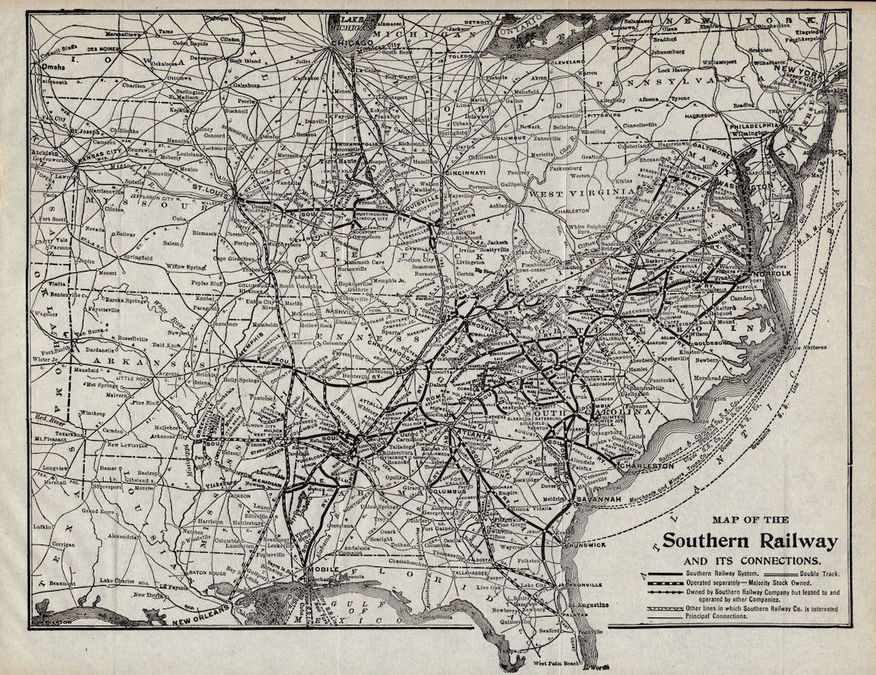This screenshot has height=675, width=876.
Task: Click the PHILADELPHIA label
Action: pyautogui.click(x=754, y=126)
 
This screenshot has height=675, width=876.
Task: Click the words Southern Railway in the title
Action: pyautogui.click(x=750, y=541)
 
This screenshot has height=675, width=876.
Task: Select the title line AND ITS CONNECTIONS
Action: pyautogui.click(x=750, y=561)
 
